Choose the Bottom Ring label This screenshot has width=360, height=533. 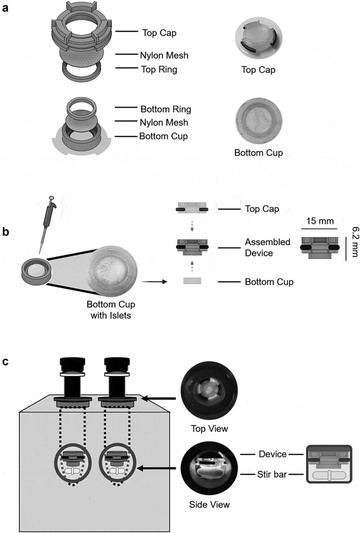pos(166,109)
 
